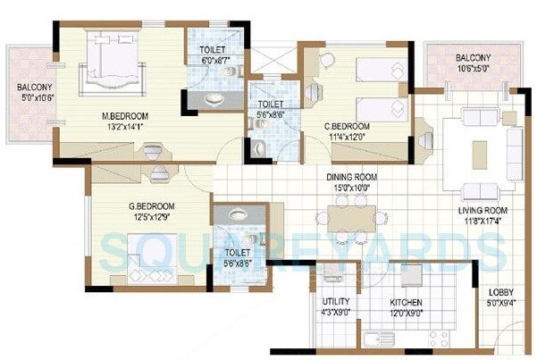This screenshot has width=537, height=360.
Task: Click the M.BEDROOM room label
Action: pyautogui.click(x=124, y=116)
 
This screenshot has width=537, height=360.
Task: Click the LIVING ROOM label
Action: pyautogui.click(x=480, y=210)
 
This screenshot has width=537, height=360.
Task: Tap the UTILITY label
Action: pyautogui.click(x=324, y=303)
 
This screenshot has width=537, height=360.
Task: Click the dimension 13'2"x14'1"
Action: pyautogui.click(x=124, y=127)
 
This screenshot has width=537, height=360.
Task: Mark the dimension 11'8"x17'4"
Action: pyautogui.click(x=480, y=221)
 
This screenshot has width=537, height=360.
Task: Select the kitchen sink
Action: pyautogui.click(x=377, y=340)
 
